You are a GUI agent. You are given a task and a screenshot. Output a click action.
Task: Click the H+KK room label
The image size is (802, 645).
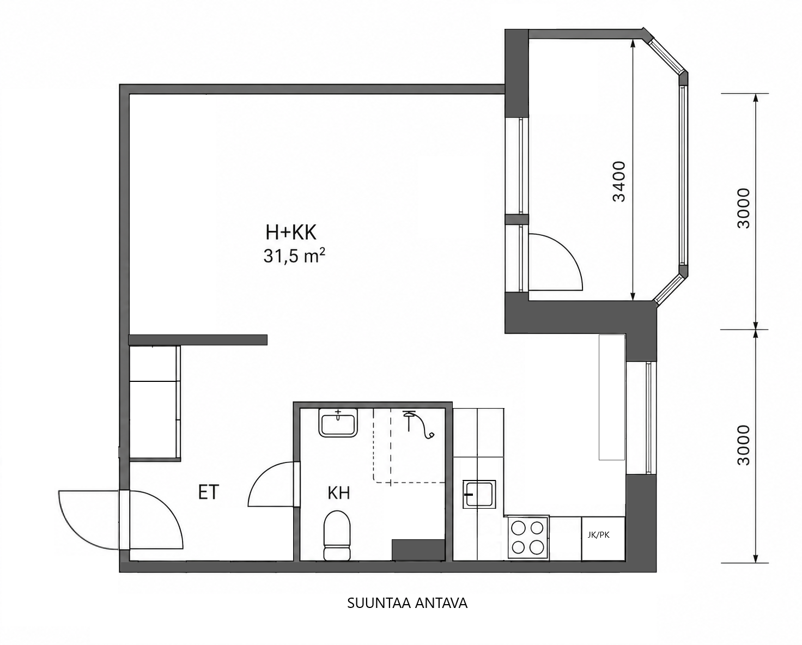[291, 232]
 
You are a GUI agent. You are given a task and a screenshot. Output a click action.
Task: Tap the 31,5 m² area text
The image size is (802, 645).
[294, 256]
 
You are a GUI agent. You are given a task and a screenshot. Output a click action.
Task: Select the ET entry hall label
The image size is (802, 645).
[209, 492]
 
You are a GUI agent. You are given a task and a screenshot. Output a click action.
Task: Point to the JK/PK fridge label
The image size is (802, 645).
[599, 535]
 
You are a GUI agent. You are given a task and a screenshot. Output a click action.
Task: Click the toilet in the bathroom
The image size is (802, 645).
[337, 536]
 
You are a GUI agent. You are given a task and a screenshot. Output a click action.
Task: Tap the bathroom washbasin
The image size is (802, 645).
[338, 423]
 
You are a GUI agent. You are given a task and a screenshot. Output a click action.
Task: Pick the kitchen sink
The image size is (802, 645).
[479, 494]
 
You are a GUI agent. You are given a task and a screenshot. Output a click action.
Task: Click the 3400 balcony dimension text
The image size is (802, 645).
[619, 181]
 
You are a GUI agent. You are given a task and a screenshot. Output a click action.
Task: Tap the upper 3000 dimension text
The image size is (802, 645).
[744, 208]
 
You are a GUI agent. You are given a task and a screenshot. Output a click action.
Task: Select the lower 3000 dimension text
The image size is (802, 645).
[744, 445]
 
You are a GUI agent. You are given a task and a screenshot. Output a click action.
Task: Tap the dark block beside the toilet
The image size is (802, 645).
[418, 550]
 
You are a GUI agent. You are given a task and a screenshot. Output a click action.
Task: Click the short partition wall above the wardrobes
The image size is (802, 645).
[198, 340]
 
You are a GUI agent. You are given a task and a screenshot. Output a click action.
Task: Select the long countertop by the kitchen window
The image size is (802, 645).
[611, 397]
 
